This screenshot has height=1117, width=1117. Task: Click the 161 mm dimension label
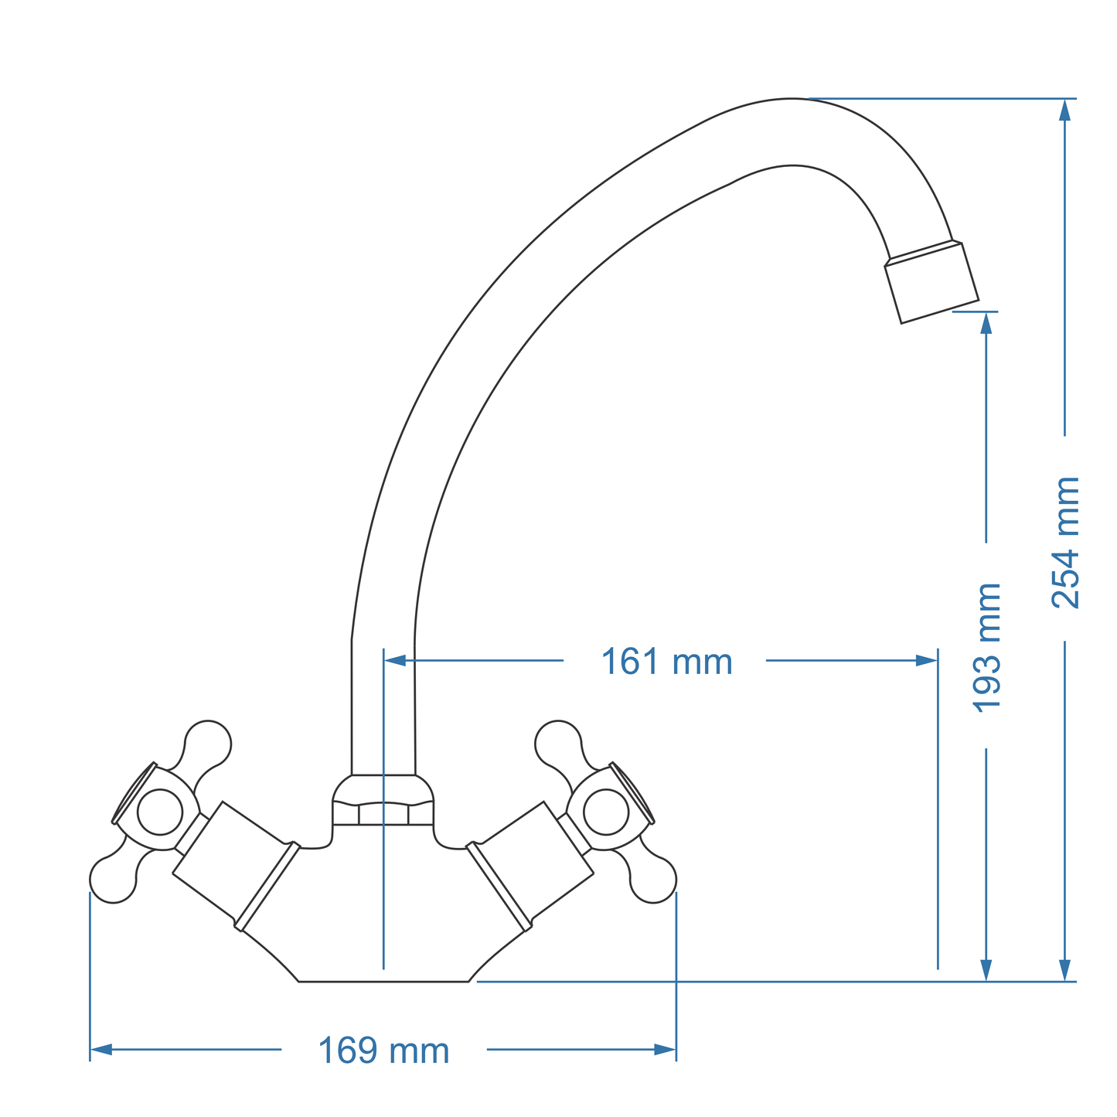[666, 662]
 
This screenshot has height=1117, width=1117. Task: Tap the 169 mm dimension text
[383, 1051]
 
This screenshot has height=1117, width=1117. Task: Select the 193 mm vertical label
[986, 648]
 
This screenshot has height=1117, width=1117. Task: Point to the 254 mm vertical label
[1065, 543]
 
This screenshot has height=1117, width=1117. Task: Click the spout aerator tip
[932, 282]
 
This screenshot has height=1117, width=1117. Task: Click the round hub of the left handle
[160, 812]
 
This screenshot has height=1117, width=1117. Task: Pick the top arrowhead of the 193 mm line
[986, 322]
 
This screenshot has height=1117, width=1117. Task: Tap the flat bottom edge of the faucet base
[383, 982]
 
